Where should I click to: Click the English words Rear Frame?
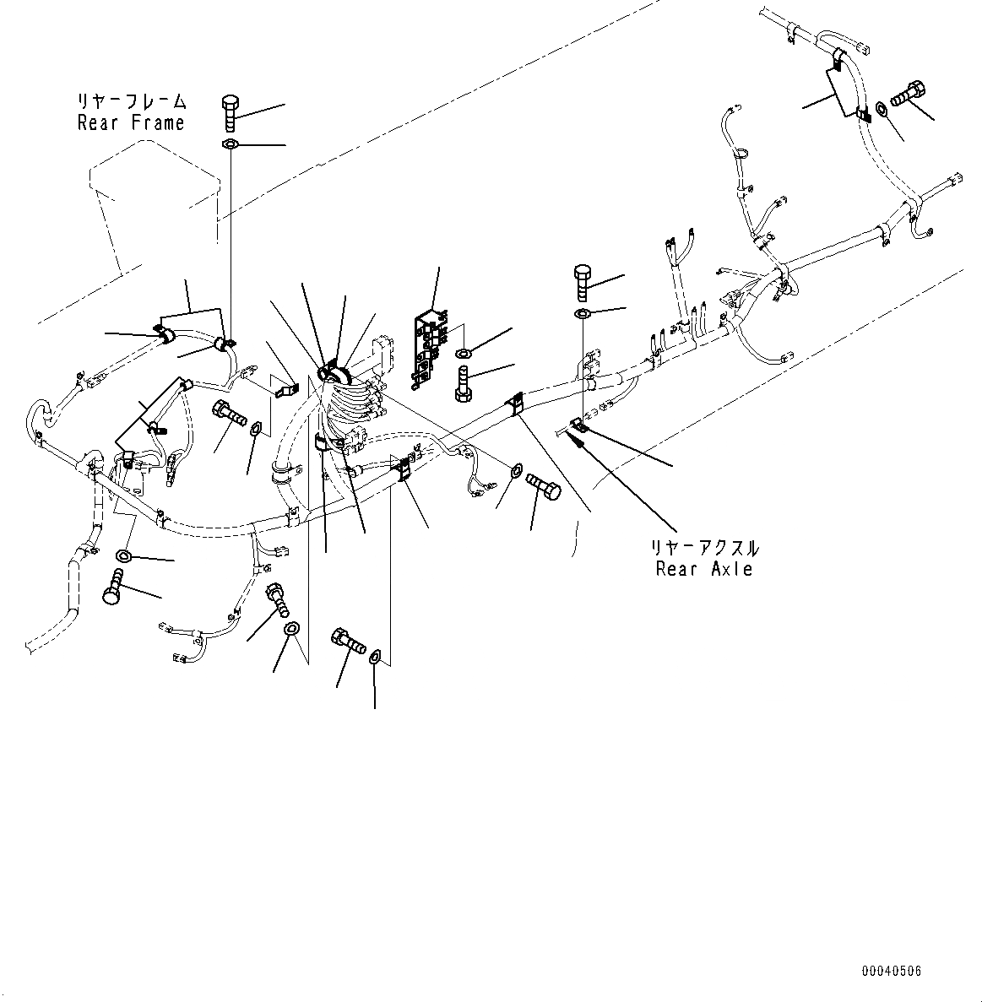131,123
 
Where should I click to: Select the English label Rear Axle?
703,569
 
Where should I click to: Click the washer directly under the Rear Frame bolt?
231,145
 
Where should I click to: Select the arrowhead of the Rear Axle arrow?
578,433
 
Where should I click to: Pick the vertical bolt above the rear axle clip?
583,283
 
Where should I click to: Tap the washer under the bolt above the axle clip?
583,314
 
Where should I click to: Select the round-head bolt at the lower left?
113,587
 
